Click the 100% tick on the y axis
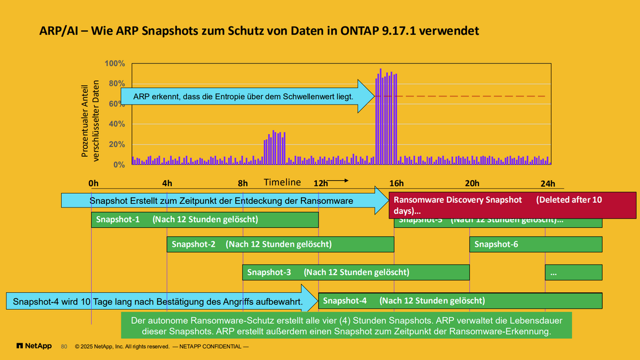click(x=115, y=63)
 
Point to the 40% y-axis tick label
click(x=116, y=124)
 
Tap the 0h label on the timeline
click(x=93, y=183)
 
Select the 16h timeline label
click(x=396, y=183)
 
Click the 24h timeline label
click(x=548, y=183)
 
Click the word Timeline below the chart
click(x=282, y=182)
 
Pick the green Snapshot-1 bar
click(x=205, y=220)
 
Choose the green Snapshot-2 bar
click(x=280, y=245)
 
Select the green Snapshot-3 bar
click(x=356, y=272)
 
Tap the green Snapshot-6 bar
click(x=535, y=245)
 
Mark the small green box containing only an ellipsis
click(x=573, y=272)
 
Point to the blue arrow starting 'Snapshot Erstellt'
click(x=224, y=201)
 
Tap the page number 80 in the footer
click(x=64, y=347)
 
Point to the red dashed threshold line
click(x=469, y=97)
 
